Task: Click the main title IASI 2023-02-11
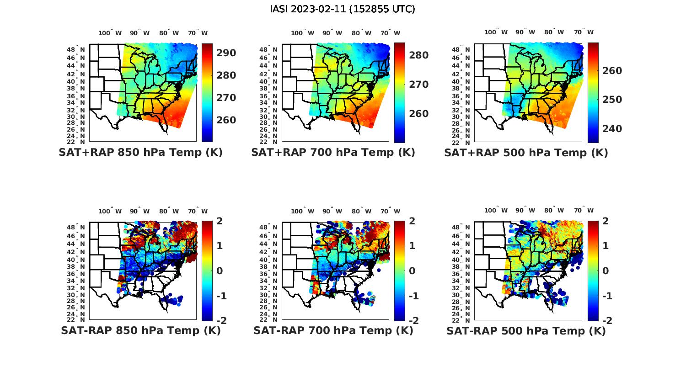pos(343,9)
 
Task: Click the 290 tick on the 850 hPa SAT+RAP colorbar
pos(226,53)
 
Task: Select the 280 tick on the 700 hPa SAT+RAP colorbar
pos(419,55)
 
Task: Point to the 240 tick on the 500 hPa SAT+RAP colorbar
pos(612,129)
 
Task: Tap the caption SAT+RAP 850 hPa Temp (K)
pos(140,153)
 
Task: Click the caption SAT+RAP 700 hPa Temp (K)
pos(333,153)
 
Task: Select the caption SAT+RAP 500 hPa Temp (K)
pos(526,153)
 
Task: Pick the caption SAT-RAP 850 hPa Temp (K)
pos(140,331)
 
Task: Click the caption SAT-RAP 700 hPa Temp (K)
pos(333,331)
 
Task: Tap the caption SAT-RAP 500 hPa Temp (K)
pos(526,331)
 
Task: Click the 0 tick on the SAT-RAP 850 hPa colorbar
pos(219,271)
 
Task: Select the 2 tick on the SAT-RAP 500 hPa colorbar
pos(606,221)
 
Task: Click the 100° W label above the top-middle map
pos(302,33)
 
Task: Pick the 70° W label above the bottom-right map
pos(584,211)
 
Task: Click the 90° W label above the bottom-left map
pos(139,211)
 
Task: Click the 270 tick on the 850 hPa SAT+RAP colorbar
pos(226,98)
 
